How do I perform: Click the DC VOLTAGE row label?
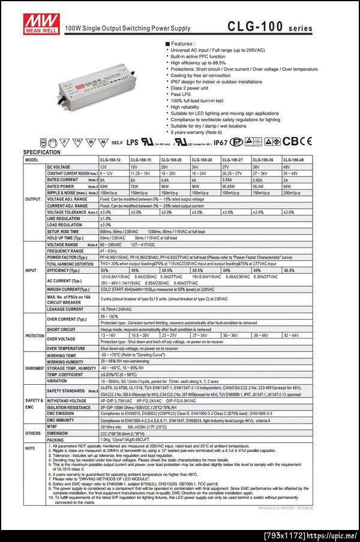[58, 166]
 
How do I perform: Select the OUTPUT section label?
[32, 199]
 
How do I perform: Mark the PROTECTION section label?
[34, 336]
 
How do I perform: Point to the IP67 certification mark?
[220, 142]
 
